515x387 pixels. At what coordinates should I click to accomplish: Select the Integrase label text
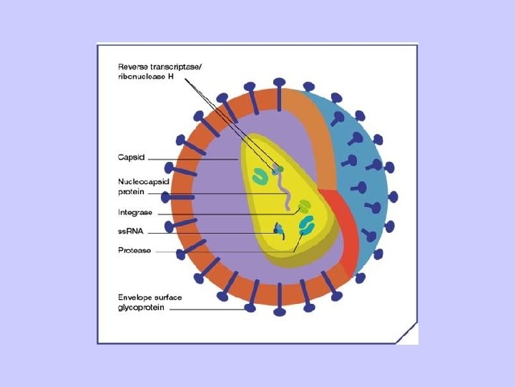pos(135,212)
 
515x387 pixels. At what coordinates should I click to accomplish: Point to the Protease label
pos(134,250)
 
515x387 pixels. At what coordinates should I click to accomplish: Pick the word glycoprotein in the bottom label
pos(142,307)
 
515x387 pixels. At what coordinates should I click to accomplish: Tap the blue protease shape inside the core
pos(307,226)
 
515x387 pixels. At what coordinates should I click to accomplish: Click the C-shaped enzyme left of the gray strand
pos(255,175)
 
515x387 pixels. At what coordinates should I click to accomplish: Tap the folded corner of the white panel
pos(408,334)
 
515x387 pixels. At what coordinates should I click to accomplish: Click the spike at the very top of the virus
pos(279,85)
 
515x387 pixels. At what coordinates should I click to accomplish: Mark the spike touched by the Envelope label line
pos(250,306)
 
